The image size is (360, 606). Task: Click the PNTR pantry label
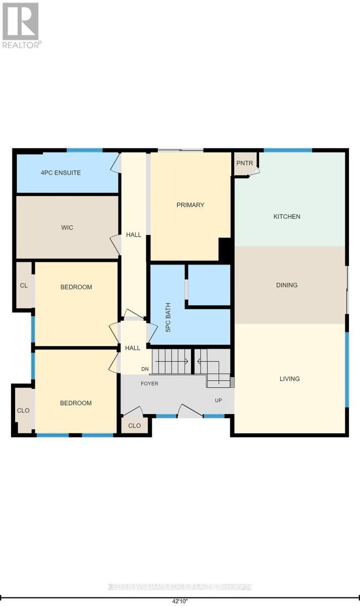244,163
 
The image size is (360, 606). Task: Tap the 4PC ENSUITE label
61,173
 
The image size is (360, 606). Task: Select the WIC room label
67,228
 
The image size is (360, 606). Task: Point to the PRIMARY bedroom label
190,205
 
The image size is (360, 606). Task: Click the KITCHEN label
287,217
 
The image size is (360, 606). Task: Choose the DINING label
287,285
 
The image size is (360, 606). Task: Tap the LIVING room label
289,379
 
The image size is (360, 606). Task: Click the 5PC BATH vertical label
168,317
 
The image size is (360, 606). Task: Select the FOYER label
149,383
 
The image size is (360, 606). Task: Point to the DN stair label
145,369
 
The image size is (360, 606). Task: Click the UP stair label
218,400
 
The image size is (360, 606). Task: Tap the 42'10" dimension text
180,601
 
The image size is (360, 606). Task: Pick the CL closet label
24,285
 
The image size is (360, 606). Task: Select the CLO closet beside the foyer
134,426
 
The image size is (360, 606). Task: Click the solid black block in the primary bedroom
225,249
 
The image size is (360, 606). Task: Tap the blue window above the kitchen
288,150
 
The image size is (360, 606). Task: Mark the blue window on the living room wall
347,369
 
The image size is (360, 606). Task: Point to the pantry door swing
254,171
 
